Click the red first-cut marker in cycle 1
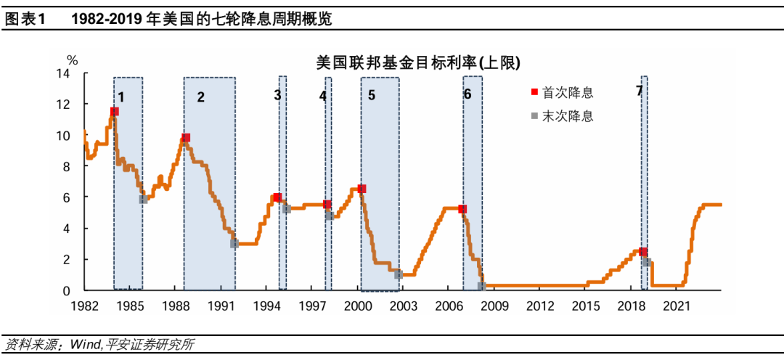(x=114, y=112)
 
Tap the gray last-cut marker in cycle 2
(x=234, y=244)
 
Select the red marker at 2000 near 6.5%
(x=362, y=189)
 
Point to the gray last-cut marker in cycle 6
(x=481, y=286)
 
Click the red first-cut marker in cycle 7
(x=642, y=252)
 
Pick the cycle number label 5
(x=371, y=96)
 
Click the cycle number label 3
(x=277, y=95)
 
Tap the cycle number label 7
(x=639, y=91)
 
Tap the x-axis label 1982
(x=84, y=306)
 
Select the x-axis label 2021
(x=677, y=306)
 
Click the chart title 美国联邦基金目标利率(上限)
(x=418, y=63)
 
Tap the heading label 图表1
(x=25, y=20)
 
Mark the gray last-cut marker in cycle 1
(x=143, y=199)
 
